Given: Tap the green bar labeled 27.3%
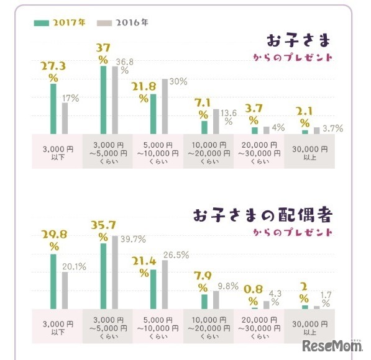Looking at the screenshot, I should coord(53,108).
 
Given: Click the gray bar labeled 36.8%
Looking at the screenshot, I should coord(115,99).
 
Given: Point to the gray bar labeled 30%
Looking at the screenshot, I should coord(165,106).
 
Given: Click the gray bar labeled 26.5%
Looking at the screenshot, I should coord(165,284).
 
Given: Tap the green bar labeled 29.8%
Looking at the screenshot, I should coord(53,281).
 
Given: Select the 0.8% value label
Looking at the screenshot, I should coord(253,293).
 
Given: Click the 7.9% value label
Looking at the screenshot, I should coord(203,281).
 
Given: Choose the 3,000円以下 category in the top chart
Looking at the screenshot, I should coord(57,151).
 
